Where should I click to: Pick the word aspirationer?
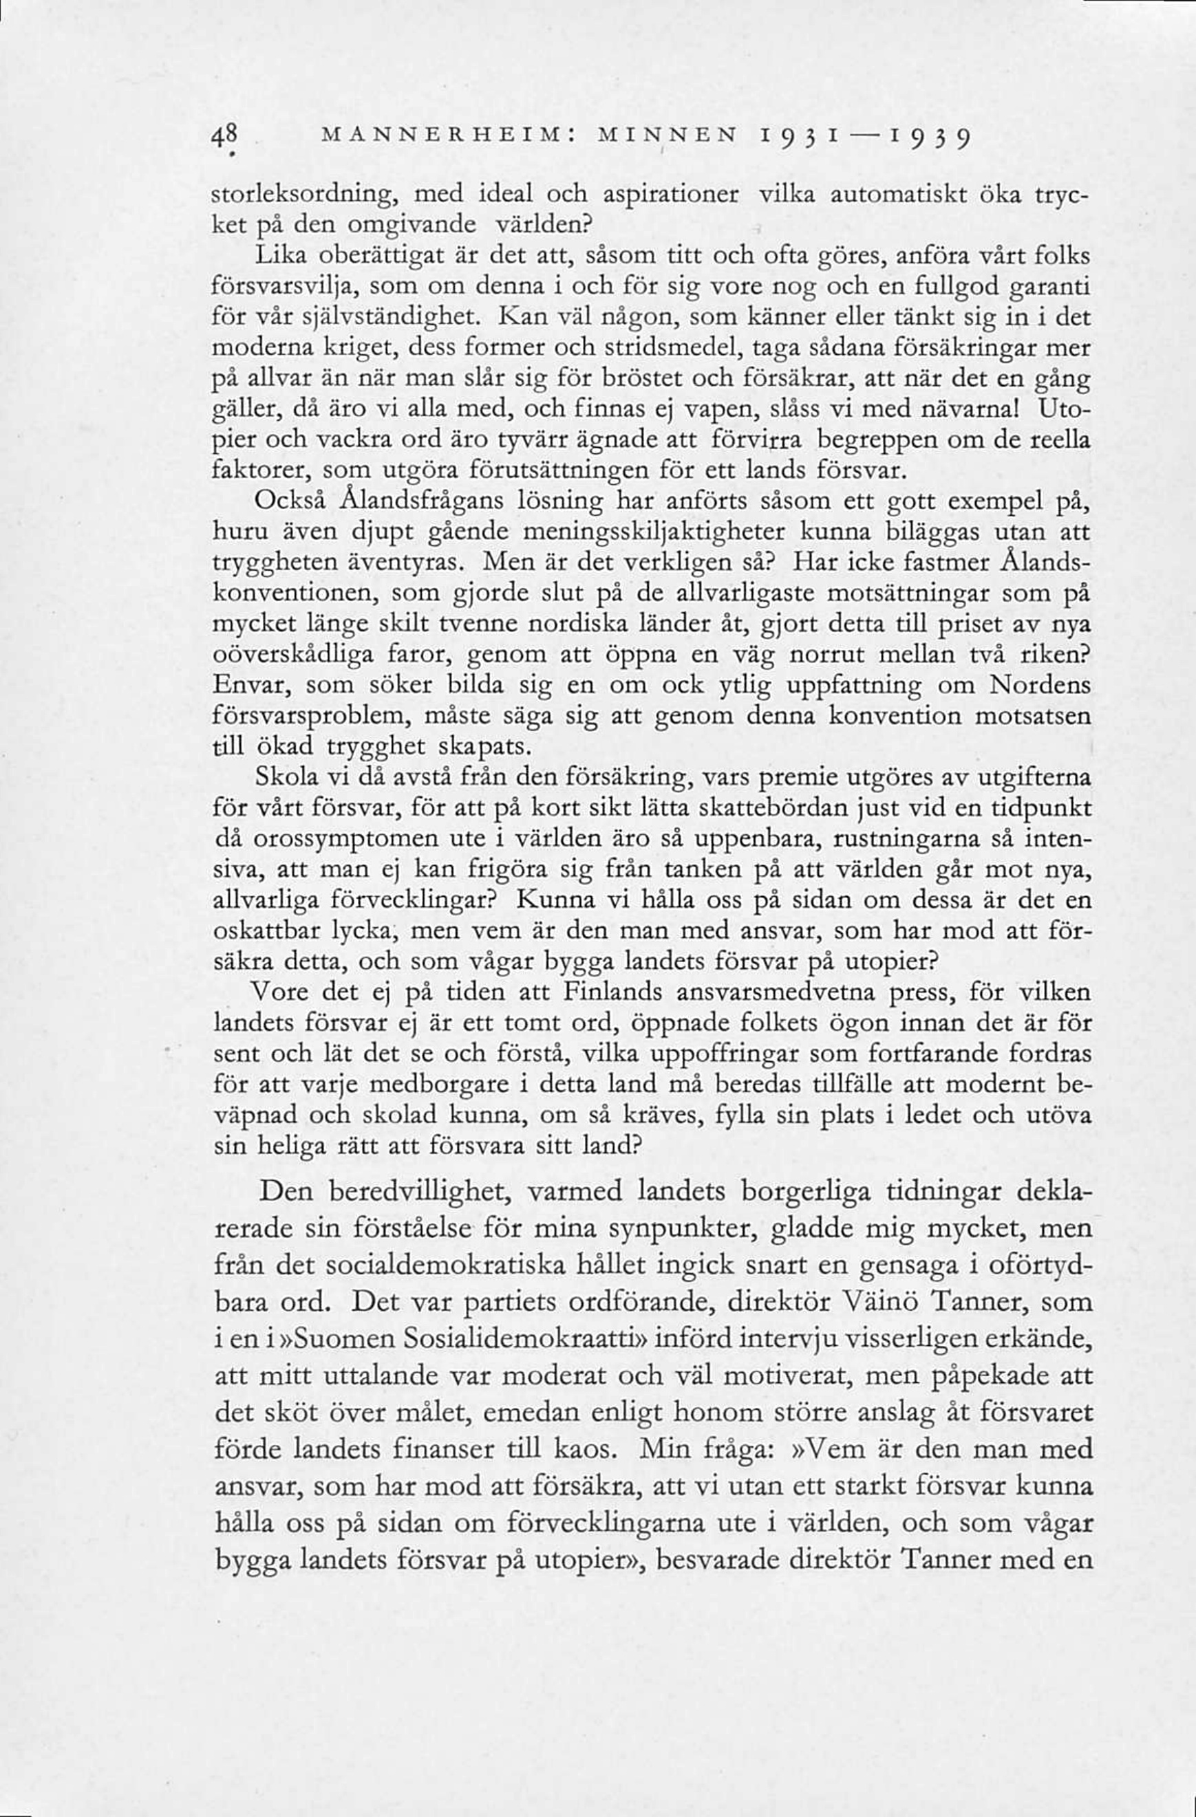point(670,196)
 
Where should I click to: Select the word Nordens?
point(1039,686)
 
